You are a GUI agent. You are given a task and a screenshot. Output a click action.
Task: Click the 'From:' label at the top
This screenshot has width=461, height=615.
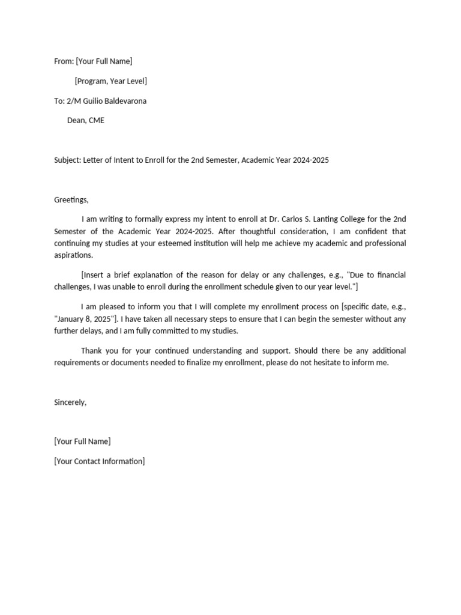[x=64, y=61]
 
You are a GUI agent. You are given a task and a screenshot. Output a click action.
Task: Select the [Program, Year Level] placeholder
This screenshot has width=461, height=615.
[x=110, y=81]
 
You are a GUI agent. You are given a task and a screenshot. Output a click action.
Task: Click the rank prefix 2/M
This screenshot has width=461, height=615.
[x=74, y=101]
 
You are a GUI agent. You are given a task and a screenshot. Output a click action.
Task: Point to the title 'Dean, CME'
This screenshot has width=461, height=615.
[x=86, y=120]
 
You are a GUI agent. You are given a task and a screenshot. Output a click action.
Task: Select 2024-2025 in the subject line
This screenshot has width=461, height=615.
[x=311, y=160]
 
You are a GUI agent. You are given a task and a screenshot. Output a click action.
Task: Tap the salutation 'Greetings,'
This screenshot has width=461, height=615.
[x=71, y=199]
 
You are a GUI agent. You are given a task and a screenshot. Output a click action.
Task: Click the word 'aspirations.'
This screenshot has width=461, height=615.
[x=74, y=255]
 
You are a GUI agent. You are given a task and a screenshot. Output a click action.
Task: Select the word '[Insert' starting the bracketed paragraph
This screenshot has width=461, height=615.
[x=94, y=275]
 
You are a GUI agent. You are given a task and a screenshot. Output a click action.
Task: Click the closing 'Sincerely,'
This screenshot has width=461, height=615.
[x=70, y=402]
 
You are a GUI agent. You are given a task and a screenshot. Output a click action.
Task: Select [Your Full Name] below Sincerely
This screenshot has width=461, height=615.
[x=82, y=441]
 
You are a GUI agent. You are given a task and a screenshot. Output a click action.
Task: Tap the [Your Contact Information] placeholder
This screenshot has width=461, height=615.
[x=99, y=461]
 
